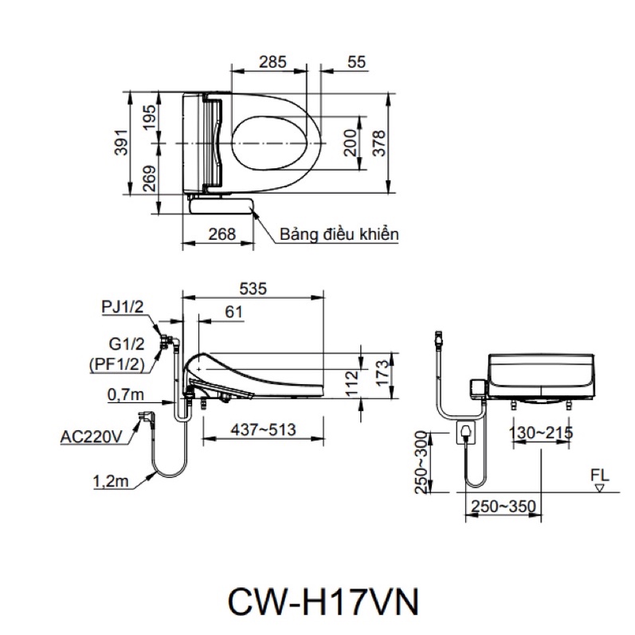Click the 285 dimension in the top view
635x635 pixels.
coord(272,62)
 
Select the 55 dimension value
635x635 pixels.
coord(356,62)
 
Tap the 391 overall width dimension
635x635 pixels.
coord(121,143)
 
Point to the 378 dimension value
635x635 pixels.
coord(379,143)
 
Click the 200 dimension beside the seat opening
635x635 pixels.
coord(351,143)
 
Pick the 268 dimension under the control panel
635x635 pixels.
coord(222,234)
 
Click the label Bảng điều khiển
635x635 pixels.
coord(339,234)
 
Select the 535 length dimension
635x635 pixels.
coord(253,288)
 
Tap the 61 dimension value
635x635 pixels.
coord(233,312)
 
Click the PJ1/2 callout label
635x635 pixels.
coord(123,307)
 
